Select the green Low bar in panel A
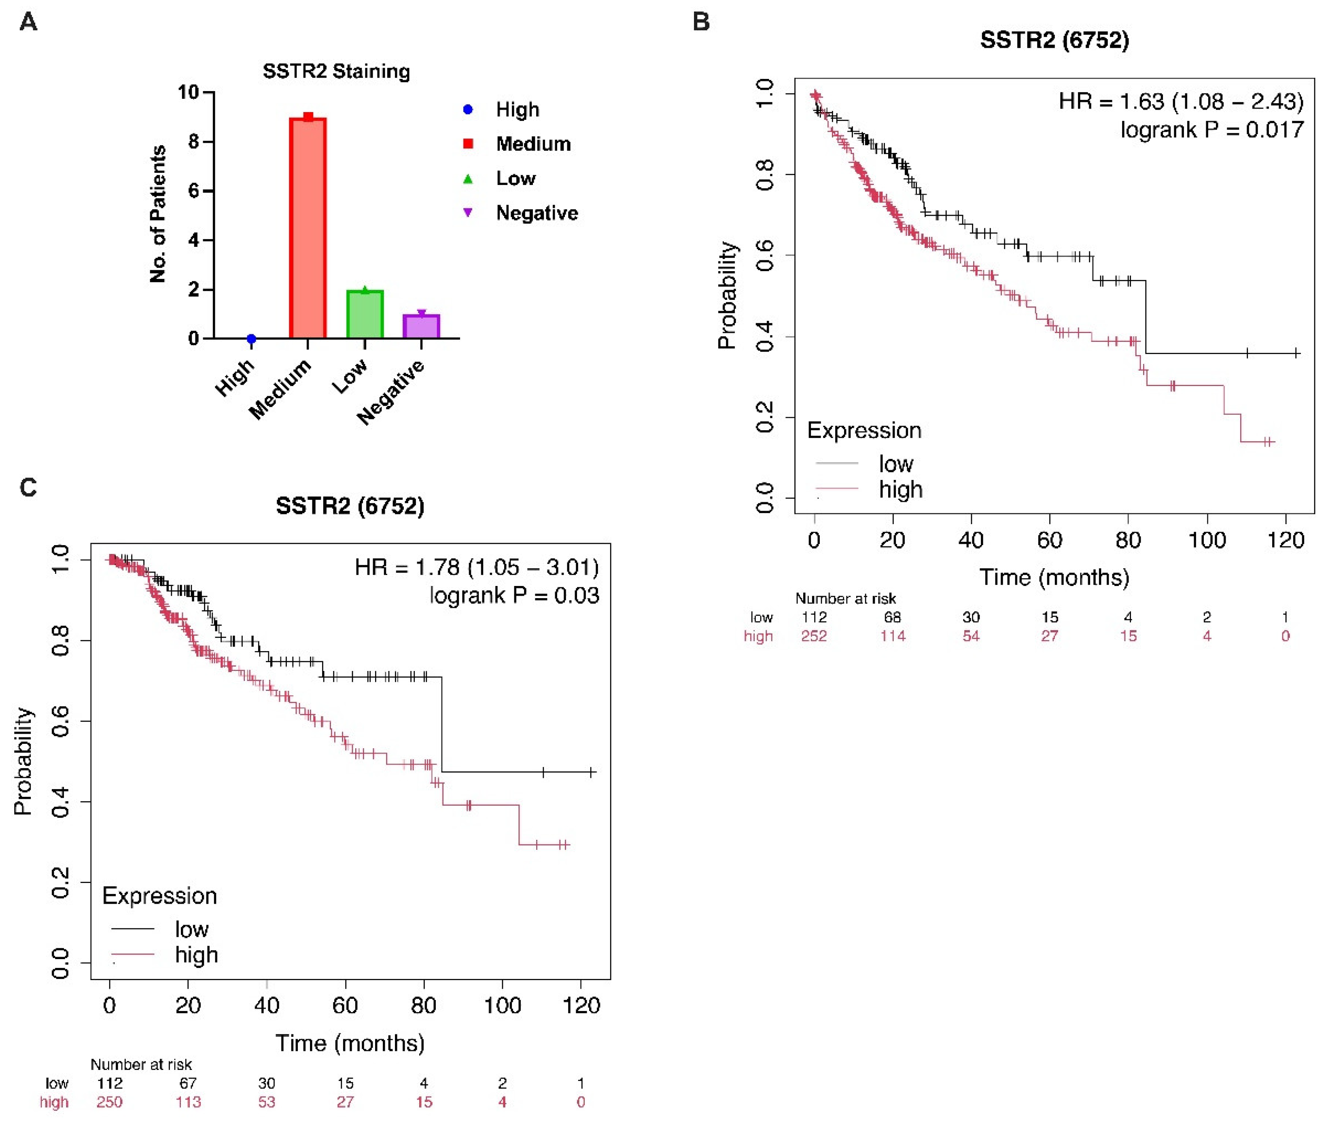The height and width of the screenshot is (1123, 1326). coord(365,314)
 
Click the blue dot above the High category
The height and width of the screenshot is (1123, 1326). coord(251,339)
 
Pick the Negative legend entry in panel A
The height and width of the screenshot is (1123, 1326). coord(537,212)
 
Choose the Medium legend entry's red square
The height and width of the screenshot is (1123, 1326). coord(468,144)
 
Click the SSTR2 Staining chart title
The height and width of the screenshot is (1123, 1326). coord(336,71)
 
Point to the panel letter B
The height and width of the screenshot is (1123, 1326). coord(700,22)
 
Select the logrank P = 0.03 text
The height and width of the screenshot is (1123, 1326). coord(514,595)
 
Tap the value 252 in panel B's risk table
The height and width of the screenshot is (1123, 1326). coord(814,635)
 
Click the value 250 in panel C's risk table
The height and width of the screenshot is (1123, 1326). coord(110,1102)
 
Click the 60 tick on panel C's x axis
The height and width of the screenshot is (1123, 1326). coord(345,1006)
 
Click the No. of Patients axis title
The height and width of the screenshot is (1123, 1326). coord(157,214)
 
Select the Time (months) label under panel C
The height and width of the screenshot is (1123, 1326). coord(350,1043)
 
